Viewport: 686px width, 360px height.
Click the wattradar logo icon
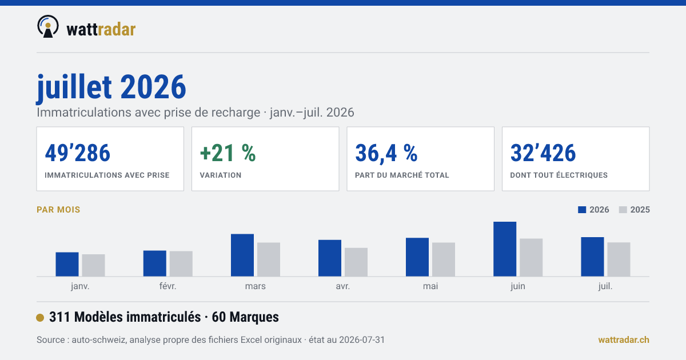coord(48,27)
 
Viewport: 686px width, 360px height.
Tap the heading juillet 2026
coord(111,88)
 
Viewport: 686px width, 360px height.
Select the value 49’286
coord(78,153)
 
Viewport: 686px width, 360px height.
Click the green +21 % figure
coord(228,153)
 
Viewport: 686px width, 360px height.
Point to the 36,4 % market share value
coord(386,153)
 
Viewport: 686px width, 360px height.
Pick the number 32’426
coord(543,153)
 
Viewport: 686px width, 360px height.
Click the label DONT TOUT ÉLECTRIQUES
coord(559,175)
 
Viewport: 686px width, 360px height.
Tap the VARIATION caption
coord(221,175)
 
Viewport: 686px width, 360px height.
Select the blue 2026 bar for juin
coord(505,249)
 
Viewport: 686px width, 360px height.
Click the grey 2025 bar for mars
coord(269,259)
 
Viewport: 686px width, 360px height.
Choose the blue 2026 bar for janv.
coord(67,264)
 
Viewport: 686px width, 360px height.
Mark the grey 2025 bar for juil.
coord(619,259)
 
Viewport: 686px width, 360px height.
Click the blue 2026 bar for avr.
coord(330,258)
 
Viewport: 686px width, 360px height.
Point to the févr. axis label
coord(168,286)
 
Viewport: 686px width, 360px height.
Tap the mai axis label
coord(430,286)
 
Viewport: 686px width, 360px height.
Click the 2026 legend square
coord(582,210)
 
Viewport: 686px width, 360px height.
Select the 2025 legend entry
coord(634,210)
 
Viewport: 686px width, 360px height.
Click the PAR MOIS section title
coord(58,210)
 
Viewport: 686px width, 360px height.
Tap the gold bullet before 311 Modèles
coord(40,318)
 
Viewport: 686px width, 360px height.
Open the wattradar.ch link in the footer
coord(624,340)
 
